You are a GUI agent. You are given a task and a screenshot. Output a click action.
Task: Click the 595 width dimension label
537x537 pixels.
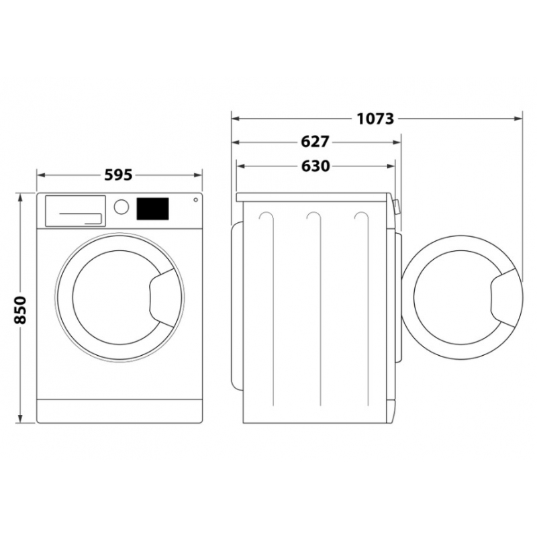tap(119, 175)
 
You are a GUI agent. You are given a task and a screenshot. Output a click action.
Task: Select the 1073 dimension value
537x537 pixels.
tap(375, 119)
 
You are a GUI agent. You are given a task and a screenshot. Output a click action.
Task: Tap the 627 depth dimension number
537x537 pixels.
tap(315, 142)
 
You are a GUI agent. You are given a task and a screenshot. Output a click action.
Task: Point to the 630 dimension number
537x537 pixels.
tap(315, 166)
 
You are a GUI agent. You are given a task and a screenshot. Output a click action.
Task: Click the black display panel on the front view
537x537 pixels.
tap(152, 208)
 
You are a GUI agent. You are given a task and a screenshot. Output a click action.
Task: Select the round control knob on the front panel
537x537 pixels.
tap(121, 207)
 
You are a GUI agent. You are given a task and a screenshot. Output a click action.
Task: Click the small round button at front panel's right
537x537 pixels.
tap(195, 199)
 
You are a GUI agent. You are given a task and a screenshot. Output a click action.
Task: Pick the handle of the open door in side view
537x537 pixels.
tap(506, 296)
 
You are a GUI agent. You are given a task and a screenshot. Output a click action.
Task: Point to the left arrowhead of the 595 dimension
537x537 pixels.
tap(40, 175)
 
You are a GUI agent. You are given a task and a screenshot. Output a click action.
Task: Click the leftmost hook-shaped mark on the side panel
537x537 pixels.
tap(266, 217)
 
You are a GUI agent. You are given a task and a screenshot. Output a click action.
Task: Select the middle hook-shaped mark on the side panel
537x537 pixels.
tap(313, 217)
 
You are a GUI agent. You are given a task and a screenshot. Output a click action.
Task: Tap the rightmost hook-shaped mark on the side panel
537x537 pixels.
tap(361, 217)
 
